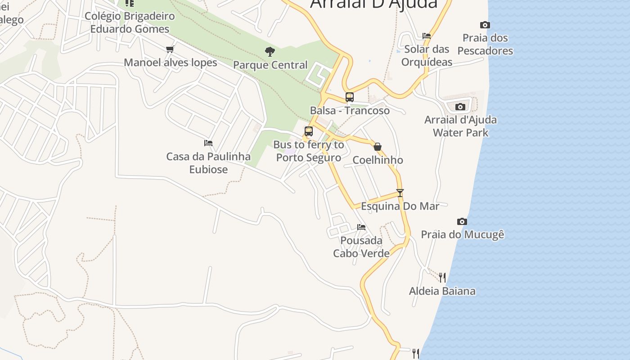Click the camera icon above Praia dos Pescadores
pos(485,25)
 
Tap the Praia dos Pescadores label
pos(485,44)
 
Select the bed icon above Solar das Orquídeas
pos(427,36)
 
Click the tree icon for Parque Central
pos(270,52)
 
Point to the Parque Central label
pos(270,65)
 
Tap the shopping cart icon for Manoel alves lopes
pos(170,49)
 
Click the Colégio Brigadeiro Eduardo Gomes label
pos(130,22)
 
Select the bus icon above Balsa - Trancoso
pos(350,97)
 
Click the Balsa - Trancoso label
pos(350,110)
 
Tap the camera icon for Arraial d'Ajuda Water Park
pos(460,107)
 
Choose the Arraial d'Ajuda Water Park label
pos(460,126)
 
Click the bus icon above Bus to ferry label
pos(309,131)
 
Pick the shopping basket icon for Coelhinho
pos(378,147)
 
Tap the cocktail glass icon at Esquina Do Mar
pos(400,193)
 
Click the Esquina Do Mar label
pos(400,206)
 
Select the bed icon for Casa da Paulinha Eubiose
pos(208,143)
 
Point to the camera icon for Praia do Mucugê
pos(462,221)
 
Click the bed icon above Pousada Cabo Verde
pos(361,227)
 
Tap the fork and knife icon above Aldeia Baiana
pos(442,277)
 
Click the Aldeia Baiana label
pos(442,291)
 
